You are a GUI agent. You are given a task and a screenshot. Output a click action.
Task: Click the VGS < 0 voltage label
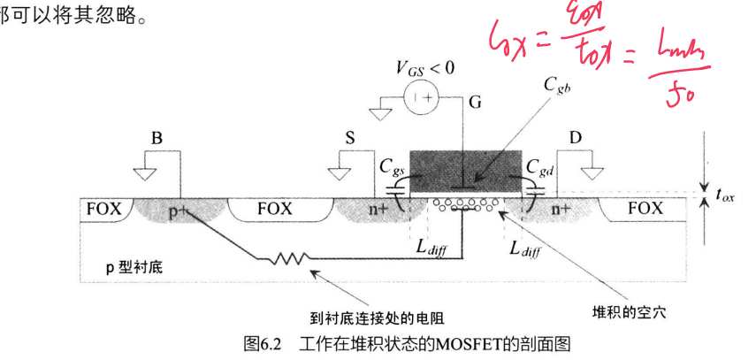pos(428,68)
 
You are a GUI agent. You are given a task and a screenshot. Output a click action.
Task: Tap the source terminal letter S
pos(350,139)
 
